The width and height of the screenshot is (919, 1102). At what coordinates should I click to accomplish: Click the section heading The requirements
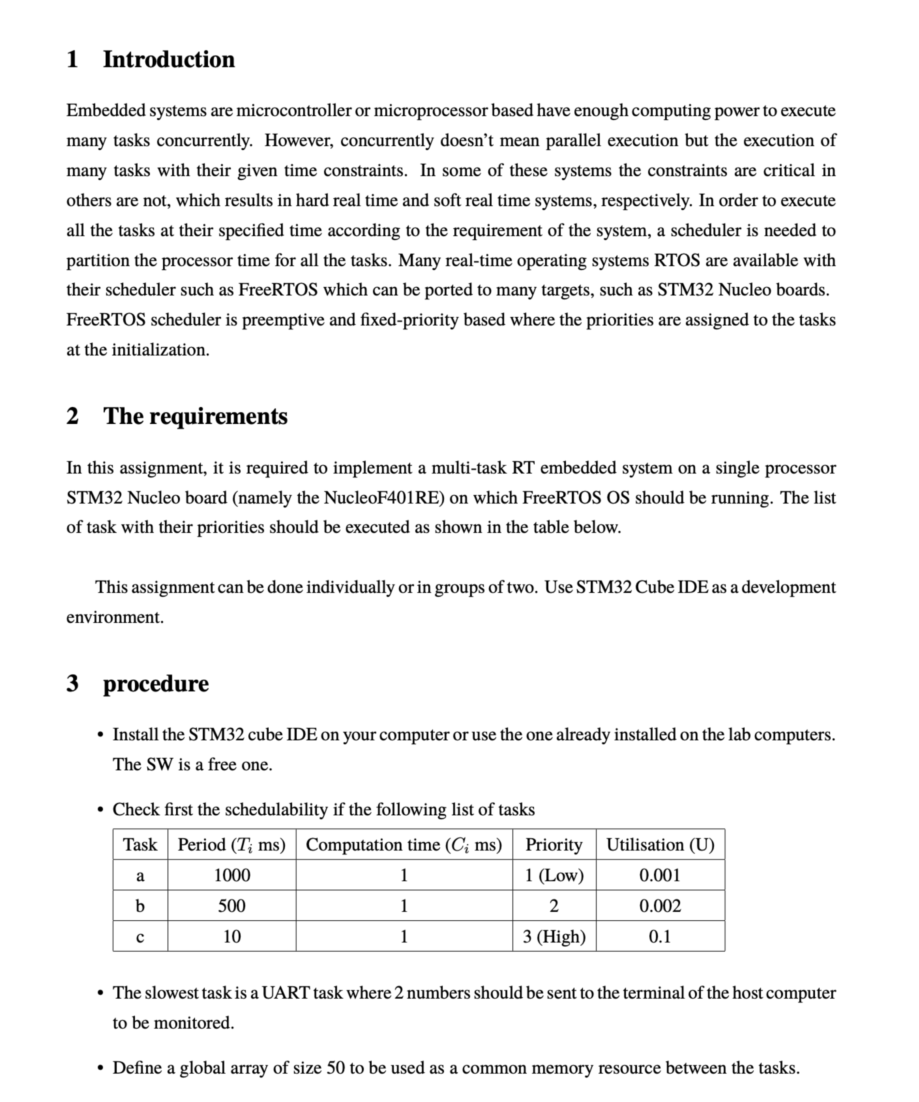pyautogui.click(x=195, y=416)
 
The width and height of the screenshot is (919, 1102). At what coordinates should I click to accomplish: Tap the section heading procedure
pyautogui.click(x=156, y=683)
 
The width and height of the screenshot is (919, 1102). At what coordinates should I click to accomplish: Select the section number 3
pyautogui.click(x=72, y=683)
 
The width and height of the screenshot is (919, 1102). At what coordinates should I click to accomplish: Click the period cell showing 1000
pyautogui.click(x=232, y=875)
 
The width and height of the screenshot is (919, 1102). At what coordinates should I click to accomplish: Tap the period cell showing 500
pyautogui.click(x=232, y=906)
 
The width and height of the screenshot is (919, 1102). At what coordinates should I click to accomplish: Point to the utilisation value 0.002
pyautogui.click(x=660, y=906)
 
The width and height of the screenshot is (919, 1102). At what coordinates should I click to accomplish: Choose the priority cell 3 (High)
pyautogui.click(x=554, y=937)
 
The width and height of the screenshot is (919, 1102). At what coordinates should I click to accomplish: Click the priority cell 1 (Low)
pyautogui.click(x=554, y=875)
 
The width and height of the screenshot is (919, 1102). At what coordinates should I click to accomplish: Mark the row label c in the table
pyautogui.click(x=140, y=937)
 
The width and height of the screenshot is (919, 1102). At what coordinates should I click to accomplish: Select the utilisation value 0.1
pyautogui.click(x=660, y=937)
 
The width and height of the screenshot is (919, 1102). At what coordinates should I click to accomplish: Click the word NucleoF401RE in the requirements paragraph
pyautogui.click(x=384, y=497)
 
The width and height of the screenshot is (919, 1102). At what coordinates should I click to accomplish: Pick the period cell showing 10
pyautogui.click(x=232, y=937)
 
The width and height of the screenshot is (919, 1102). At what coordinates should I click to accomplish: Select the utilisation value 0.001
pyautogui.click(x=660, y=875)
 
